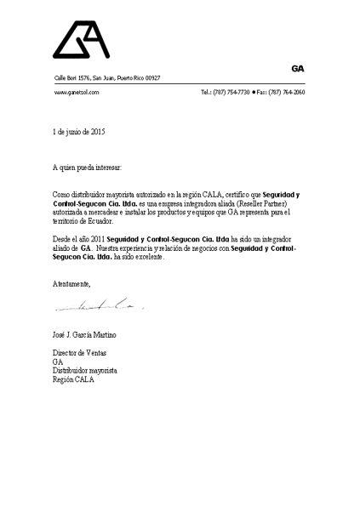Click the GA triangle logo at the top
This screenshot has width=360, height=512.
81,40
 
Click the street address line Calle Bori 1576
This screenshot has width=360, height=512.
107,78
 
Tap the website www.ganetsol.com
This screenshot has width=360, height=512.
77,91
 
